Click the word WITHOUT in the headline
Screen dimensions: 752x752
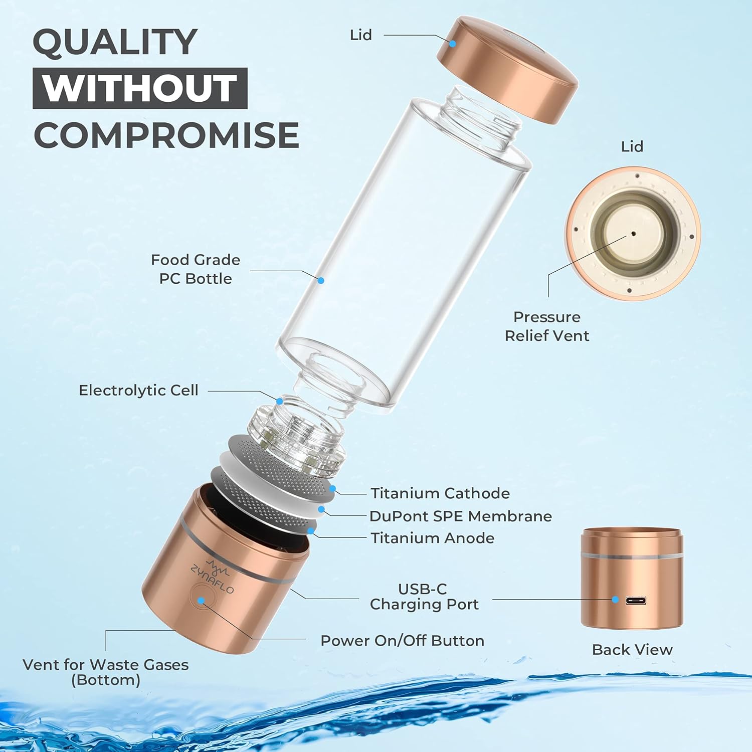[x=140, y=88]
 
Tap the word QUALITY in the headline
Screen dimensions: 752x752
[x=115, y=42]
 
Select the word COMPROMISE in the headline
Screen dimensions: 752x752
[x=166, y=135]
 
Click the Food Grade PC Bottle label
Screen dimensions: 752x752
[x=196, y=269]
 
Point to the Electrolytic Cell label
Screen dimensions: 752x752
[x=138, y=390]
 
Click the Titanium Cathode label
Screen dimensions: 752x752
[x=440, y=493]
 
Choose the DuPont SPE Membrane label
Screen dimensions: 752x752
[x=460, y=516]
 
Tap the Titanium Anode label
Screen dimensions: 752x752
[x=432, y=538]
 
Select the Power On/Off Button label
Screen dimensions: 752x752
[x=402, y=641]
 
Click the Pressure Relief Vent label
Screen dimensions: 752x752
[x=546, y=326]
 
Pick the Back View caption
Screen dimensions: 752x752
[x=632, y=650]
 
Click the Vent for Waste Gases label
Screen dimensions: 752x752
[x=105, y=672]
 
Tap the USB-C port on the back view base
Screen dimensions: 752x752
[x=635, y=601]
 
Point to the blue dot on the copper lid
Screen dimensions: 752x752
[x=452, y=44]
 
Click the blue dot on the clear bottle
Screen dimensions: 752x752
[x=321, y=281]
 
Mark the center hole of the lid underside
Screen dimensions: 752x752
[x=633, y=233]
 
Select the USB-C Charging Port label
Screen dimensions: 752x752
[x=424, y=597]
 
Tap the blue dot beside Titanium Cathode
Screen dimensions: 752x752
[x=332, y=488]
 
